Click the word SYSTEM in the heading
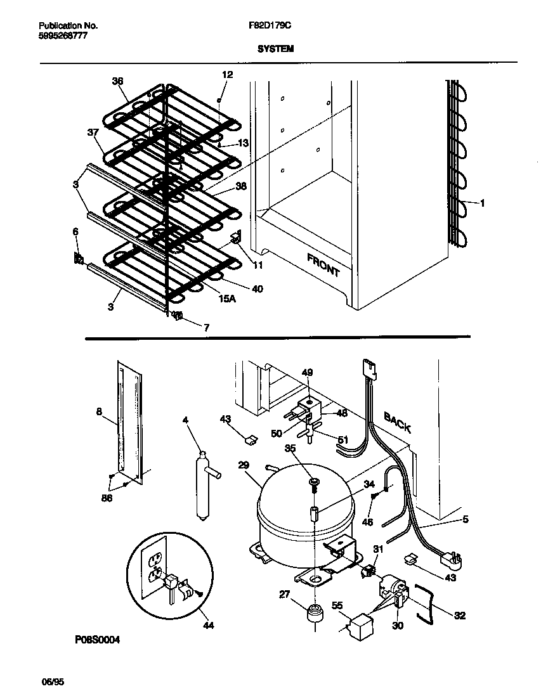pos(275,48)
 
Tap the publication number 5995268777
pos(63,36)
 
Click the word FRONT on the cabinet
pos(323,266)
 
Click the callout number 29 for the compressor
pos(244,465)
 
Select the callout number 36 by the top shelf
pos(117,81)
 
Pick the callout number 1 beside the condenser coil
pos(483,204)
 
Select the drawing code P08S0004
pos(97,640)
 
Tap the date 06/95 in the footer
pos(53,682)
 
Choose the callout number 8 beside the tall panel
pos(98,411)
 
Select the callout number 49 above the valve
pos(307,373)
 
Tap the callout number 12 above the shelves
pos(227,75)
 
